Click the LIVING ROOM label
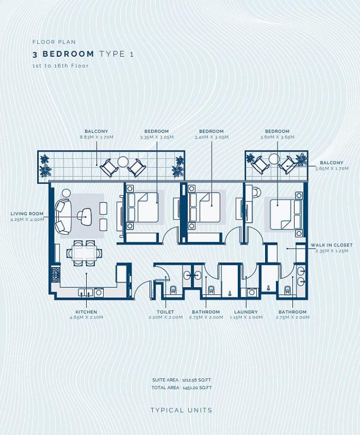click(27, 214)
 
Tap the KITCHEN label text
click(86, 312)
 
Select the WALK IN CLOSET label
click(332, 245)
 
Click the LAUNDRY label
click(246, 312)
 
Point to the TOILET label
click(165, 312)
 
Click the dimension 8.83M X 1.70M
click(97, 137)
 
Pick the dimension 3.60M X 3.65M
click(277, 137)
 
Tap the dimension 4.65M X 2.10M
click(86, 317)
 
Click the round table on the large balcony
click(123, 162)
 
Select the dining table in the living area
click(85, 253)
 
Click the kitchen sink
click(85, 292)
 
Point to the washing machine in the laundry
click(252, 292)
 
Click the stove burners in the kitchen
click(55, 275)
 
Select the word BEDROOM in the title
click(68, 54)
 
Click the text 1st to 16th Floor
click(61, 66)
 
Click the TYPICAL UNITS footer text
click(182, 410)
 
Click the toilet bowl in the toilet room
click(174, 290)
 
